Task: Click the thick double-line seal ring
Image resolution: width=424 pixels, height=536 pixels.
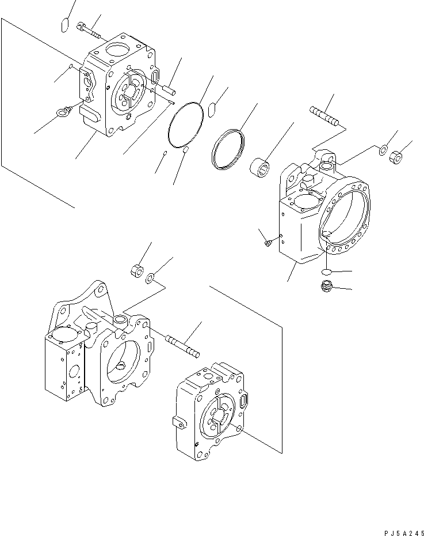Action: [x=228, y=150]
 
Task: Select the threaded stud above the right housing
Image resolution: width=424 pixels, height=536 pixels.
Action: [x=326, y=115]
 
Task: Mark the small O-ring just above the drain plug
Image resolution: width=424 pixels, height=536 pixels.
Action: [x=326, y=271]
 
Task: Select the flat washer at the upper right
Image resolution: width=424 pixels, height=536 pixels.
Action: [x=383, y=151]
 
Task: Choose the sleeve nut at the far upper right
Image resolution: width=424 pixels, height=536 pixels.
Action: [x=396, y=156]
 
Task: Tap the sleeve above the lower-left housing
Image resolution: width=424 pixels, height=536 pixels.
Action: [x=137, y=269]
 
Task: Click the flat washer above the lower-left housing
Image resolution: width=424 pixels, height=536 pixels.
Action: [x=150, y=279]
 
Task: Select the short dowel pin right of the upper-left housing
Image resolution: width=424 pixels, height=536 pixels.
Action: [x=169, y=89]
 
